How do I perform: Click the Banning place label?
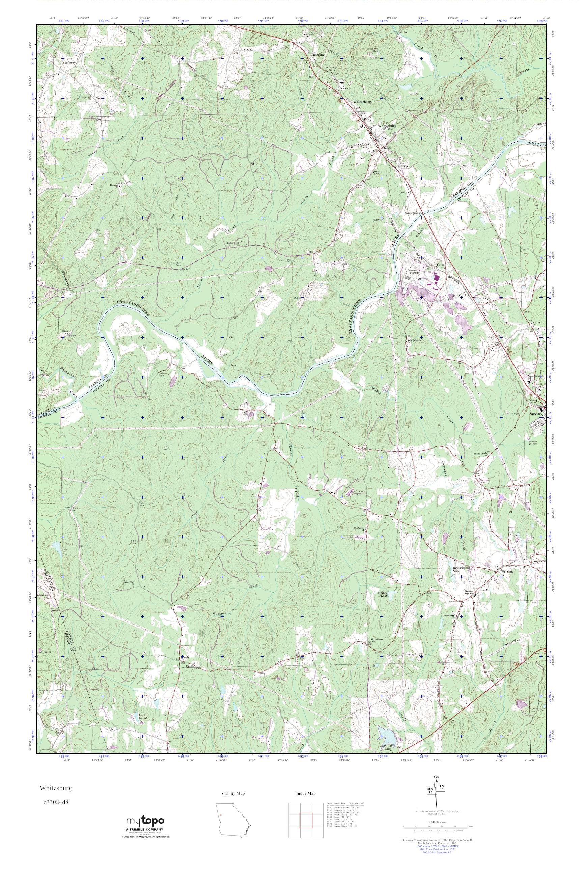tap(318, 54)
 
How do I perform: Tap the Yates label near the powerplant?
tap(441, 264)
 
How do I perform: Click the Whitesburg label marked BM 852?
tap(387, 126)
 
